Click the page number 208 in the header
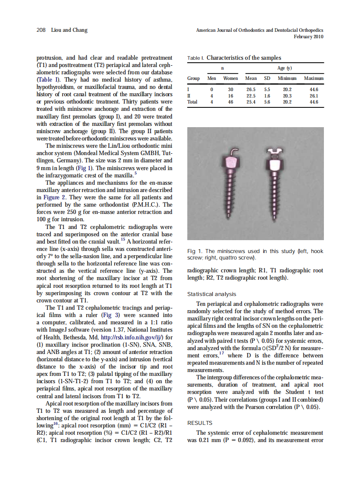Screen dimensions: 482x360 click(41, 30)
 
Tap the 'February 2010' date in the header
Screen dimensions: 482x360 click(308, 37)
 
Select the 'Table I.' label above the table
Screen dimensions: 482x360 click(196, 58)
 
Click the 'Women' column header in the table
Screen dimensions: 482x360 click(230, 79)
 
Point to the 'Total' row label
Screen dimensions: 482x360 click(193, 102)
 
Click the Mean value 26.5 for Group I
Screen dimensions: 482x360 click(251, 89)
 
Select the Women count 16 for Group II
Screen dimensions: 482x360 click(230, 96)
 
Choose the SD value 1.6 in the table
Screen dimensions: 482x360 click(267, 96)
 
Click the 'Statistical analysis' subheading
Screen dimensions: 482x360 click(212, 294)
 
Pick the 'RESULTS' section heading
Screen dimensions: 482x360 click(200, 423)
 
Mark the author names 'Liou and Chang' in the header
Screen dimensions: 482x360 click(69, 30)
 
